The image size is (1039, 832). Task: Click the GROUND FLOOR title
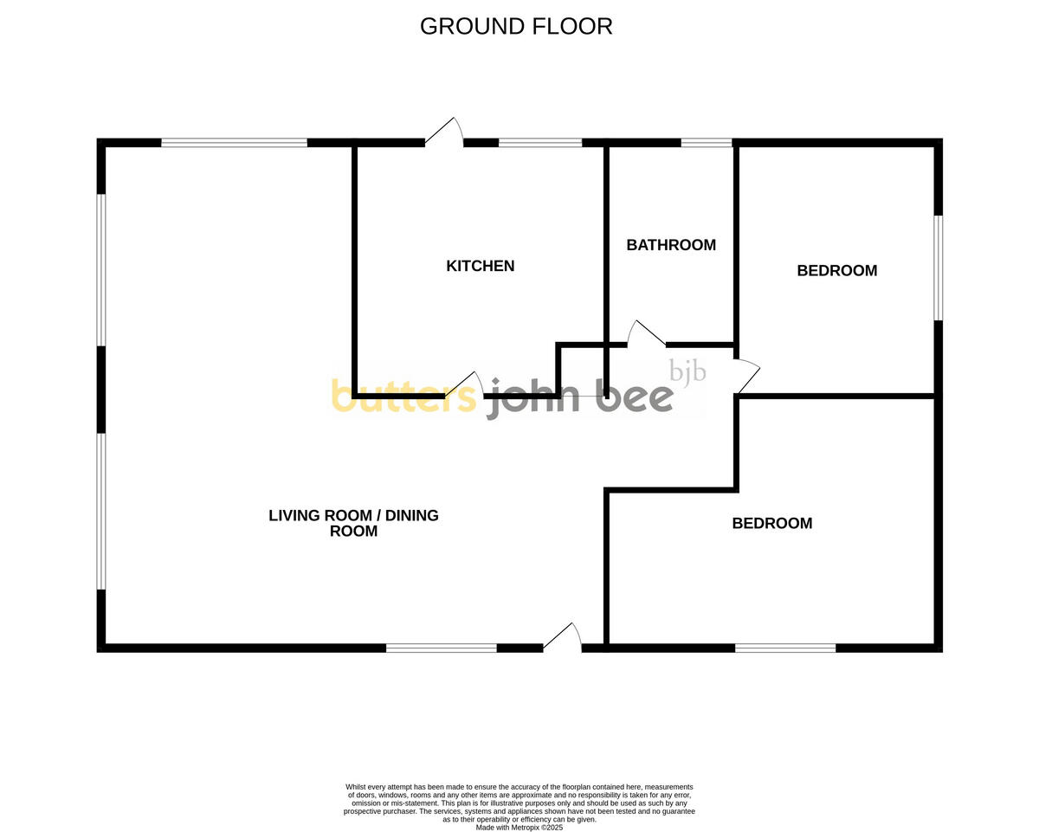pos(516,27)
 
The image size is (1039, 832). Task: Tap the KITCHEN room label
pos(480,266)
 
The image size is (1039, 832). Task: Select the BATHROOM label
pos(671,245)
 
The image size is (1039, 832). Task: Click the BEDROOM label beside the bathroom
pos(836,271)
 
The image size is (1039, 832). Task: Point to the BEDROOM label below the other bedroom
pos(772,523)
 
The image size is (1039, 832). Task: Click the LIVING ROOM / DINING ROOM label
pos(353,523)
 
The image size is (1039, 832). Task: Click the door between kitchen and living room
pos(466,385)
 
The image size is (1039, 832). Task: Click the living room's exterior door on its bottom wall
pos(563,636)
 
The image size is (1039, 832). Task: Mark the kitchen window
pos(540,143)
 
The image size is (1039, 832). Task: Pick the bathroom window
pos(707,143)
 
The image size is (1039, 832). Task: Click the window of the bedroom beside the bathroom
pos(938,268)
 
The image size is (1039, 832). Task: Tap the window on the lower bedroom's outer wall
pos(785,647)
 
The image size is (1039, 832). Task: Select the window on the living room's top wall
pos(234,143)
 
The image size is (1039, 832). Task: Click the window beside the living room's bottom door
pos(441,647)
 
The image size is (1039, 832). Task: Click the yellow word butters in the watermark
pos(403,397)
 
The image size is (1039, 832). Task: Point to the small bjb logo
pos(688,371)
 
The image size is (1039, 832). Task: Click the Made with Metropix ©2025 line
pos(519,828)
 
